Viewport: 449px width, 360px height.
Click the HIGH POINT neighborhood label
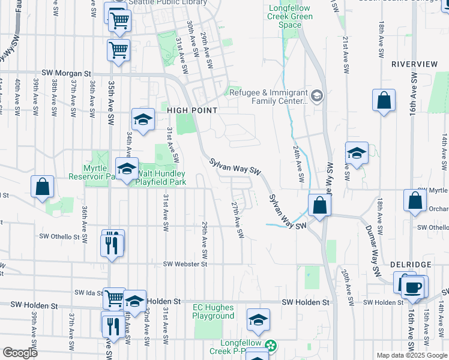tap(191, 110)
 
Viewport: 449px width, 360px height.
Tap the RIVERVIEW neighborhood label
tap(414, 64)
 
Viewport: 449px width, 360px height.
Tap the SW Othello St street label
tap(59, 237)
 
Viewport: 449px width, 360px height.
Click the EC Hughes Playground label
tap(213, 312)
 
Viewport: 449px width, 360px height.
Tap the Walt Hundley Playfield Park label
tap(162, 178)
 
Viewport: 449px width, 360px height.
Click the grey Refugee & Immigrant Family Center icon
tap(317, 95)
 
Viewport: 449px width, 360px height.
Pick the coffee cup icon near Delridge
tap(412, 287)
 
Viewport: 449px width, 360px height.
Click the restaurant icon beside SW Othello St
tap(112, 244)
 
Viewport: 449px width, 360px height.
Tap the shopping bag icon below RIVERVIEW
tap(384, 101)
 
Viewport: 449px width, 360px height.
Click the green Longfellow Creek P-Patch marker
tap(271, 346)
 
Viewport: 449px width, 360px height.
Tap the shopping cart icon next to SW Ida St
tap(113, 297)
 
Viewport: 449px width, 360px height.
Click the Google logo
tap(20, 353)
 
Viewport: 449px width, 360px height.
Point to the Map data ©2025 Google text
tap(411, 355)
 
